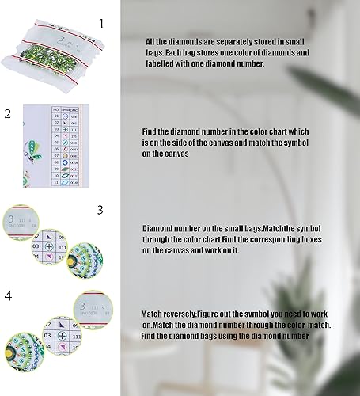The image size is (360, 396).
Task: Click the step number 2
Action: [x=7, y=113]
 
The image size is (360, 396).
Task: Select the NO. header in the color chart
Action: [x=55, y=106]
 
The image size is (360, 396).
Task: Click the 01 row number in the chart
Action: [x=55, y=114]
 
